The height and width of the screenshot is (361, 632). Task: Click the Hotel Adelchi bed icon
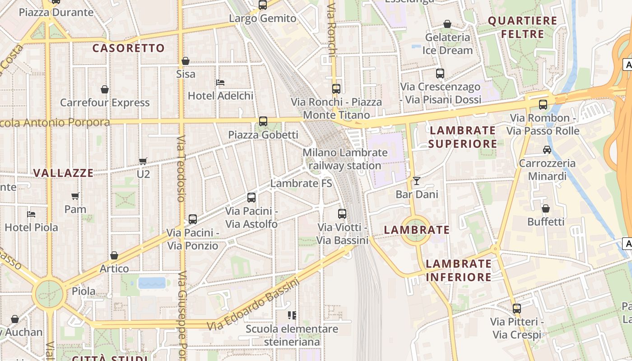click(220, 82)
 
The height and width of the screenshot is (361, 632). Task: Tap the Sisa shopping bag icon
click(186, 61)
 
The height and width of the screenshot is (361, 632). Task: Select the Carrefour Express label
click(105, 102)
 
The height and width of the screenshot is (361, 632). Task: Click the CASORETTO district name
click(129, 48)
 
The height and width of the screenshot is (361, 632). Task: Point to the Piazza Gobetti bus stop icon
click(263, 121)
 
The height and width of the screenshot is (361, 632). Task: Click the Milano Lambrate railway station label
click(345, 159)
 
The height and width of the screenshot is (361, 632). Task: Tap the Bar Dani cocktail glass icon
click(416, 181)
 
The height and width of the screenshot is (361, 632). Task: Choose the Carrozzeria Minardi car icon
click(547, 150)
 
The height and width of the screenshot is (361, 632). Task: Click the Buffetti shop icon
click(546, 208)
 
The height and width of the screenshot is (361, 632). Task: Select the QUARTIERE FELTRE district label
click(523, 27)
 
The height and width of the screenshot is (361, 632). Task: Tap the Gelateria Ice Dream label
click(448, 44)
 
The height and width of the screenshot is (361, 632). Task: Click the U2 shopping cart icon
click(143, 161)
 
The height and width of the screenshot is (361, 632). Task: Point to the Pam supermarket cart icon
click(75, 196)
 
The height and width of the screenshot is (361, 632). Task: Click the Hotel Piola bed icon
click(31, 214)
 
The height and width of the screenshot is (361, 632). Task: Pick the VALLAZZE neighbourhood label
click(64, 173)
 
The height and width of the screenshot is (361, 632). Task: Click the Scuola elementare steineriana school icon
click(292, 315)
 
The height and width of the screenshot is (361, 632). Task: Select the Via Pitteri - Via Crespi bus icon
click(517, 309)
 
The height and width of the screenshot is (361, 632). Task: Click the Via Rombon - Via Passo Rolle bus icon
click(543, 105)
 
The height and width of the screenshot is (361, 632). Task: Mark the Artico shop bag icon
click(114, 256)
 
